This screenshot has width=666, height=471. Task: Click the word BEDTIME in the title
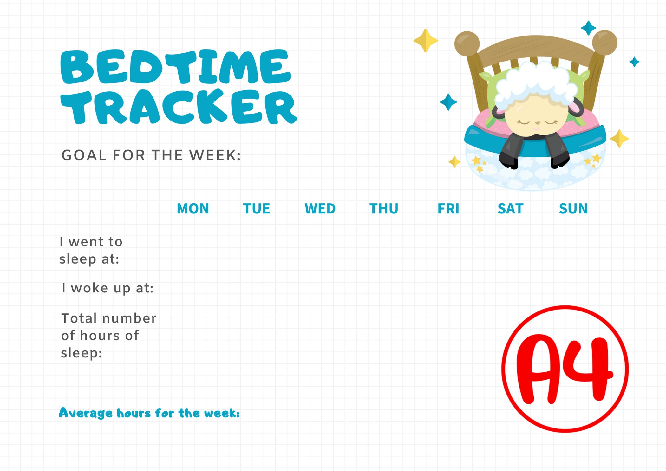pyautogui.click(x=175, y=67)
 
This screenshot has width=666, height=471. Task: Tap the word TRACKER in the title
pyautogui.click(x=179, y=107)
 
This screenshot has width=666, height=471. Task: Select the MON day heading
pyautogui.click(x=193, y=209)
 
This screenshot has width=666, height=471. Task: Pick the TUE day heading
pyautogui.click(x=256, y=209)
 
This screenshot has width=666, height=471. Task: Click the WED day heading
pyautogui.click(x=320, y=209)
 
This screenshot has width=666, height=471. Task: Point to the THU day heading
pyautogui.click(x=384, y=209)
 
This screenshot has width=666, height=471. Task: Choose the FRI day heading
pyautogui.click(x=448, y=209)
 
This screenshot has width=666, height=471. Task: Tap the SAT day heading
pyautogui.click(x=510, y=209)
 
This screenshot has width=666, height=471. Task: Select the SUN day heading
pyautogui.click(x=573, y=209)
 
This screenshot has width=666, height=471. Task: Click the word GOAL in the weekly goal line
pyautogui.click(x=83, y=155)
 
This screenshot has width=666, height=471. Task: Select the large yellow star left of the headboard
pyautogui.click(x=426, y=41)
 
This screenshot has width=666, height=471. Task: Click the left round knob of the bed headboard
pyautogui.click(x=467, y=44)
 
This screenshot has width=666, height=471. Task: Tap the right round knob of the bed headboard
pyautogui.click(x=604, y=43)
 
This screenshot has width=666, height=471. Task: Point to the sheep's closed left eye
pyautogui.click(x=523, y=121)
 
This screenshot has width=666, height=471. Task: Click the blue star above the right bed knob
pyautogui.click(x=588, y=28)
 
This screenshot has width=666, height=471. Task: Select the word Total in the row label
pyautogui.click(x=79, y=318)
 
